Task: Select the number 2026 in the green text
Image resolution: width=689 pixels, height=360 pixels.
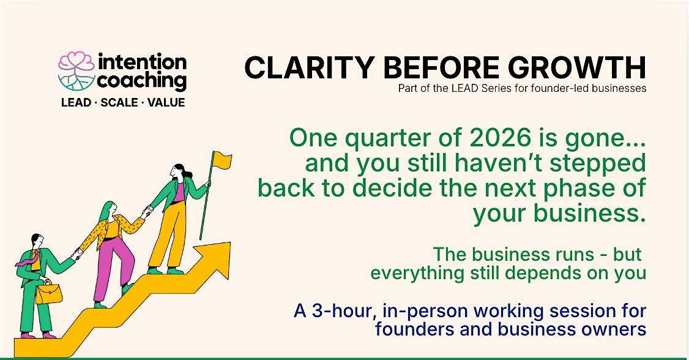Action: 500,138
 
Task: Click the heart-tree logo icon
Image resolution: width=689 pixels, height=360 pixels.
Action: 76,71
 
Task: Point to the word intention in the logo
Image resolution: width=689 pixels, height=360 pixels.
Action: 143,62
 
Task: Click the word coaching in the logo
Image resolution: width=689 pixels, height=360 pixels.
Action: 141,81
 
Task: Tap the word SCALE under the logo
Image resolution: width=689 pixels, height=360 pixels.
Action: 119,103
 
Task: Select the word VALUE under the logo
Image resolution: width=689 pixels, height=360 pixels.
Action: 166,103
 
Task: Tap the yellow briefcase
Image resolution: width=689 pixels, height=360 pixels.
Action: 48,292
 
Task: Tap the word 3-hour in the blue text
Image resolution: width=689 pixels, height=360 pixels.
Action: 343,311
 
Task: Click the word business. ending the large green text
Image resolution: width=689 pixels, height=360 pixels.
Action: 590,214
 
